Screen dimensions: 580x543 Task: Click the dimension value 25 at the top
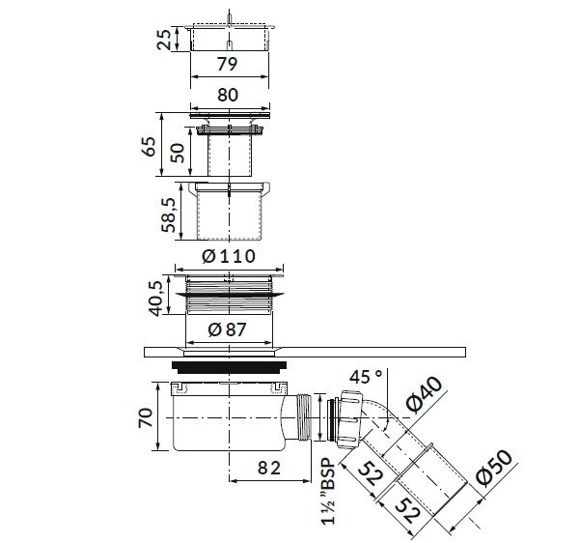(164, 39)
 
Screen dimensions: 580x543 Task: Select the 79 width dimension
(227, 64)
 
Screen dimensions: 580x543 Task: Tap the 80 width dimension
(228, 95)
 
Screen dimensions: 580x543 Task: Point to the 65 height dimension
(150, 146)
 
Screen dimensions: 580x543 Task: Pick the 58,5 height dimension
(169, 214)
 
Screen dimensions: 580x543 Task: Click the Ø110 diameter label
(229, 256)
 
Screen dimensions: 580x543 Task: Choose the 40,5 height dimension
(155, 299)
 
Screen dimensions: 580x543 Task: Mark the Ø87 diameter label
(227, 329)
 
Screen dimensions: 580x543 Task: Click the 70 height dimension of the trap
(145, 417)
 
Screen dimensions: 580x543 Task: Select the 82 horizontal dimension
(269, 469)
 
